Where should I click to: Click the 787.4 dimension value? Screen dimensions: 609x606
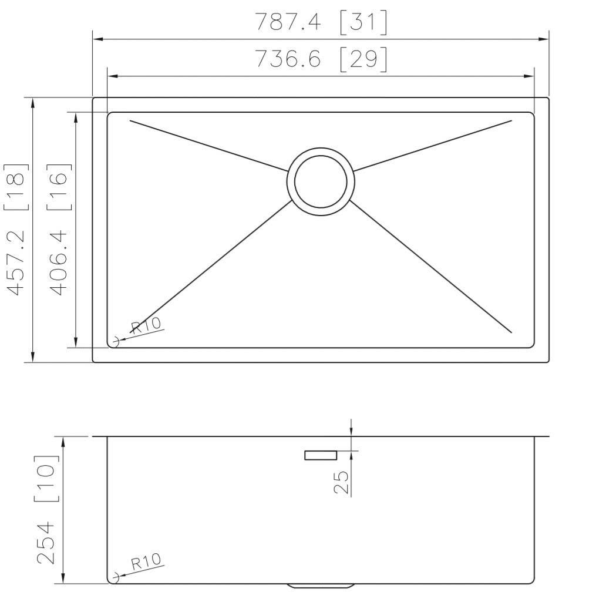[288, 22]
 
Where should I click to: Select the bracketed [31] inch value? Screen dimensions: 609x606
[363, 22]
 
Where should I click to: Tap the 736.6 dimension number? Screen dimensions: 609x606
[288, 59]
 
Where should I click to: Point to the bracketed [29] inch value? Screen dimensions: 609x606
[363, 59]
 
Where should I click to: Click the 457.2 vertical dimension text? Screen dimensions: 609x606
[16, 262]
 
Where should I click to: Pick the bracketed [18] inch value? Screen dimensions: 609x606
[16, 187]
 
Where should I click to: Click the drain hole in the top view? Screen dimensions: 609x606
[321, 181]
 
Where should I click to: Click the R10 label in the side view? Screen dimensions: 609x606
[145, 562]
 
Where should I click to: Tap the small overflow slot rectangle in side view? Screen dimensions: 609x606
[320, 455]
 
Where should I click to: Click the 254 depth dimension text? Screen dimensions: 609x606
[47, 541]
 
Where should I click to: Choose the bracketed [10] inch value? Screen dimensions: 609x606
[47, 478]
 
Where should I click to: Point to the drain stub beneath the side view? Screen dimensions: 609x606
[321, 586]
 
